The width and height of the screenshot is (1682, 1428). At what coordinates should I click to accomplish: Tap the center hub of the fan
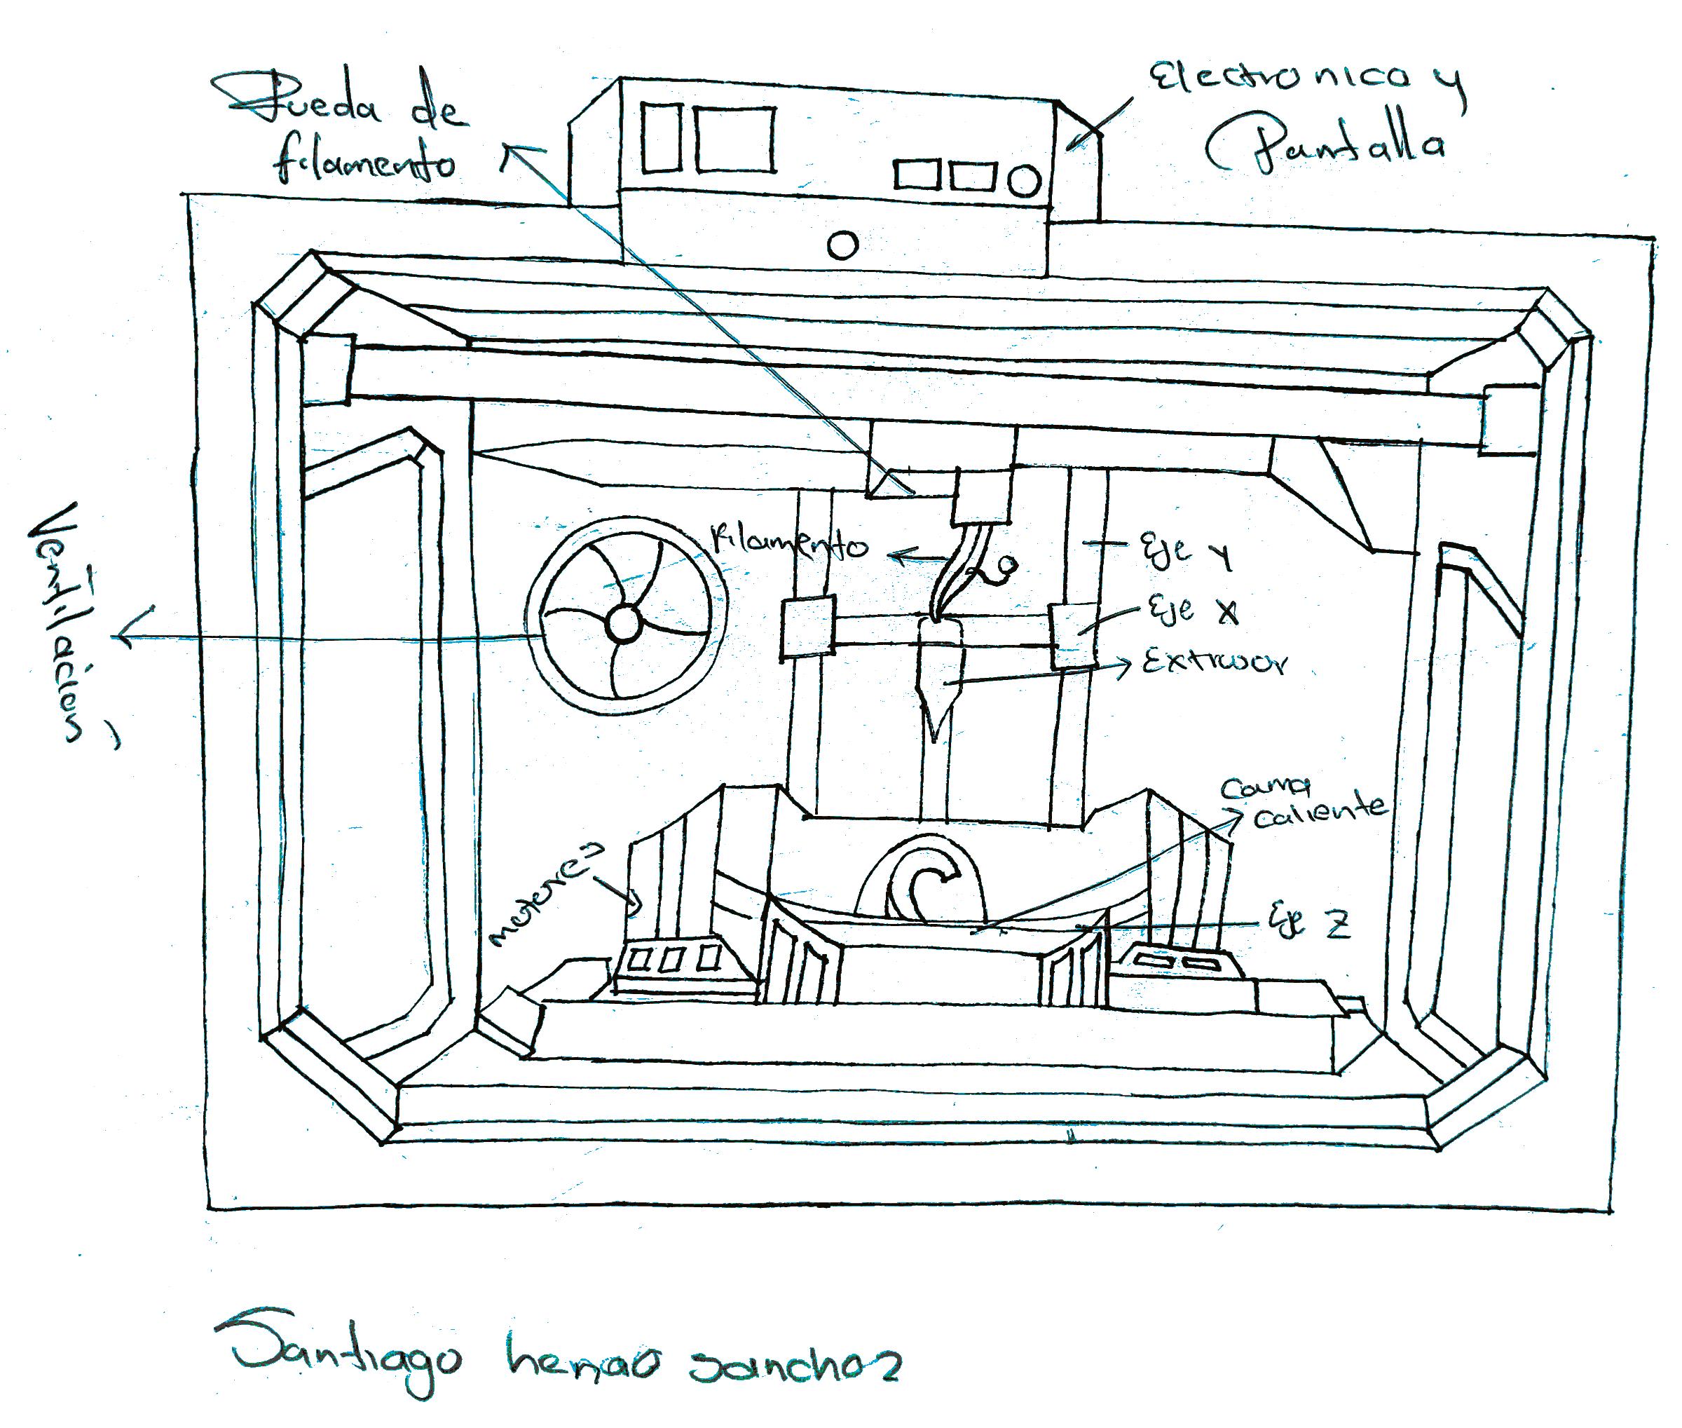pyautogui.click(x=622, y=625)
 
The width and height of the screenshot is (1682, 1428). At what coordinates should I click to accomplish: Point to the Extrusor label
pyautogui.click(x=1213, y=663)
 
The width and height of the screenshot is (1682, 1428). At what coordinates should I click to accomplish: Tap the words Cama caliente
pyautogui.click(x=1303, y=801)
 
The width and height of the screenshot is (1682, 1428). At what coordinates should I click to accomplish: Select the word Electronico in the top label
pyautogui.click(x=1279, y=79)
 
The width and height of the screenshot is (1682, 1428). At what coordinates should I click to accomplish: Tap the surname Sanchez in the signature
pyautogui.click(x=793, y=1366)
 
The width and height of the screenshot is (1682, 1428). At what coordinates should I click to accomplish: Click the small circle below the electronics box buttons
pyautogui.click(x=842, y=244)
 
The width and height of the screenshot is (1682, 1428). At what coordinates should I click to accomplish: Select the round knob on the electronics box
pyautogui.click(x=1025, y=179)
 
